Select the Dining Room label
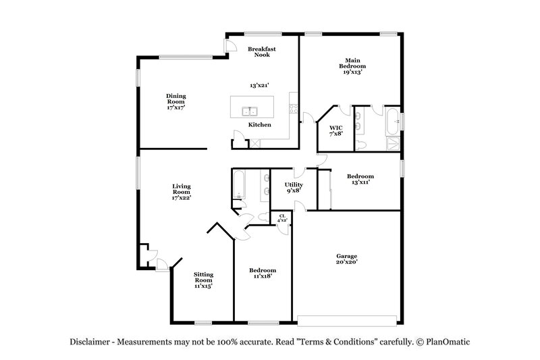click(x=176, y=101)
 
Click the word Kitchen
click(x=259, y=125)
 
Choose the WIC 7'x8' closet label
click(x=335, y=130)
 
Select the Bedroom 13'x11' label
click(x=360, y=179)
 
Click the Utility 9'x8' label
click(x=293, y=187)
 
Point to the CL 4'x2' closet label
click(x=281, y=218)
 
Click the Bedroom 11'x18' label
click(x=263, y=273)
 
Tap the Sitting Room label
click(x=203, y=280)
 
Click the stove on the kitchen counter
click(x=293, y=108)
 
